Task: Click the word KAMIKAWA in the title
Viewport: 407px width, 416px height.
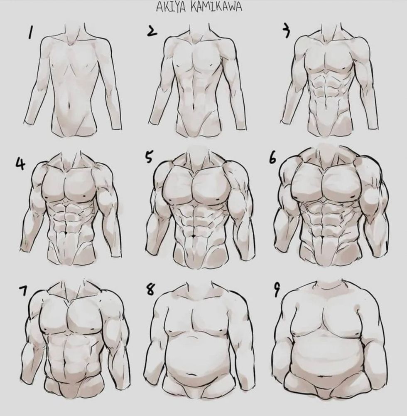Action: [x=216, y=7]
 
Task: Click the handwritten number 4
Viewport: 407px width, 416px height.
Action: [x=20, y=163]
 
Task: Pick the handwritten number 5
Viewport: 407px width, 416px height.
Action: [x=149, y=157]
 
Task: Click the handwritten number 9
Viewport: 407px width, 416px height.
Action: [x=277, y=291]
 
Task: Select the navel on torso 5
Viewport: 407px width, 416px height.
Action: [x=194, y=235]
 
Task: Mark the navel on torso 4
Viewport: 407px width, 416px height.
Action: [x=65, y=233]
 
